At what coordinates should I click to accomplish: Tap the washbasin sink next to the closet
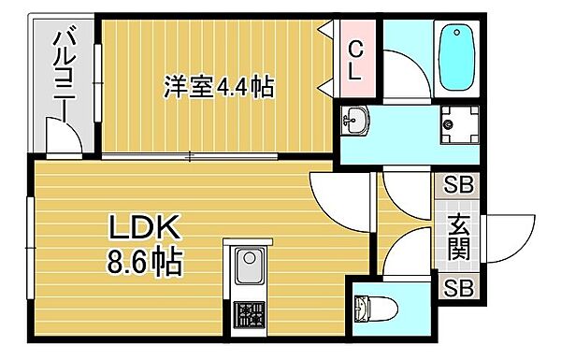355,120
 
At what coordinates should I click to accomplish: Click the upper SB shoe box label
457,185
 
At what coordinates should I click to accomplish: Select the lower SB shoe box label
457,288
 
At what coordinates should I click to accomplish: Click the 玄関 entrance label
458,237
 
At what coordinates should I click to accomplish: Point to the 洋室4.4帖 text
217,89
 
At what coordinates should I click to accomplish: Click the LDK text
140,226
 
